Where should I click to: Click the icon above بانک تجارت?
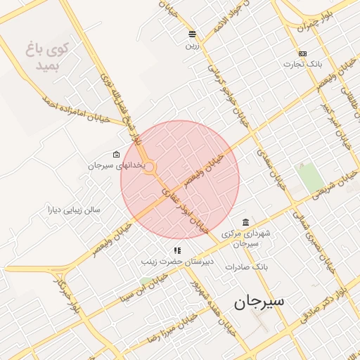point(302,53)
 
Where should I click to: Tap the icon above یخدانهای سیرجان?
point(116,155)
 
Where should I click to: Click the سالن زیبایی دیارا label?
point(74,209)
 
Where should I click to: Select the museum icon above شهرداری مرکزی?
point(245,222)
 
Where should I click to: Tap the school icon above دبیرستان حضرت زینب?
point(178,250)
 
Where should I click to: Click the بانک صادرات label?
point(247,267)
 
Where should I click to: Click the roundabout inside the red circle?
point(150,167)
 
